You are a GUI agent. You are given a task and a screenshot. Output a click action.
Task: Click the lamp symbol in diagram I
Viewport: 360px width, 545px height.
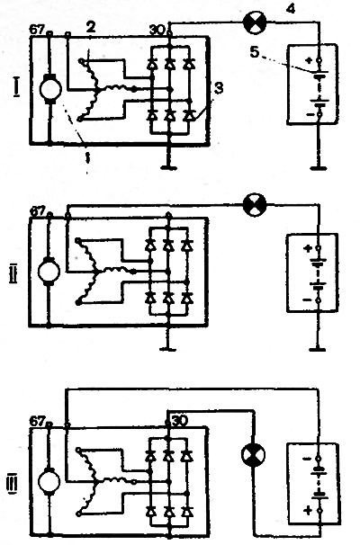(x=255, y=23)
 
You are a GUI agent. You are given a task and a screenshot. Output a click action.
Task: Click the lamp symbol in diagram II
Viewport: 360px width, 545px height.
(x=255, y=205)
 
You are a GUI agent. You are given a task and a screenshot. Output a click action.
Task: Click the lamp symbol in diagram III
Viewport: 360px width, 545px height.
(x=253, y=454)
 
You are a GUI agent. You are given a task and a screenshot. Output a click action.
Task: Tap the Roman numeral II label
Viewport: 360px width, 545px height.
(x=13, y=273)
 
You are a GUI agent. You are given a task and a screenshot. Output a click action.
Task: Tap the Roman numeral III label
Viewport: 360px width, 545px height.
(x=12, y=483)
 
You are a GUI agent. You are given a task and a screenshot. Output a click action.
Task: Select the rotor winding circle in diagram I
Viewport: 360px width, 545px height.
(x=50, y=89)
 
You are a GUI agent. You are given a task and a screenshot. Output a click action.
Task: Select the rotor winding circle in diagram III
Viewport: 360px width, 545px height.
(x=49, y=483)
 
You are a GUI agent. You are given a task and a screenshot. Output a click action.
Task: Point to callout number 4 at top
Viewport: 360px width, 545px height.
(x=291, y=8)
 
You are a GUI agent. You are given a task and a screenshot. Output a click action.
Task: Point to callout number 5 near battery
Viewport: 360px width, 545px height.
(x=255, y=52)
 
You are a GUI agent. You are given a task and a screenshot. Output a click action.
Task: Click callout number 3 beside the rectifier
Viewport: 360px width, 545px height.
(x=219, y=88)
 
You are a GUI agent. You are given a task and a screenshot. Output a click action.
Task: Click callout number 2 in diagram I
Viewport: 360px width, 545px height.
(x=90, y=28)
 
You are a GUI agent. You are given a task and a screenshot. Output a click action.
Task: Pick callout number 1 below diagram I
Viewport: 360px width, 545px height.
(x=87, y=157)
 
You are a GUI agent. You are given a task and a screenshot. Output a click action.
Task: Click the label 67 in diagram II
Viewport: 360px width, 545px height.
(x=37, y=211)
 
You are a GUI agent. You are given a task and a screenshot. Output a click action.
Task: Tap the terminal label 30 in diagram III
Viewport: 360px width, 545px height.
(x=180, y=421)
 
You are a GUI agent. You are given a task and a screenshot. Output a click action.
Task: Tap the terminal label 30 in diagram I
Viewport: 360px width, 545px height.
(x=157, y=31)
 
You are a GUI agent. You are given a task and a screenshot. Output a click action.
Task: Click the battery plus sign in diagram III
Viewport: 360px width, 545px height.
(x=308, y=511)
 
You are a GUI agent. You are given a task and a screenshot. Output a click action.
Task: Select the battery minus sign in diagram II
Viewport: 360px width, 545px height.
(x=307, y=299)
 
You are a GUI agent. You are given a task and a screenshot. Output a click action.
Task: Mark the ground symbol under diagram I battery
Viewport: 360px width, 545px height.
(x=318, y=169)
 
